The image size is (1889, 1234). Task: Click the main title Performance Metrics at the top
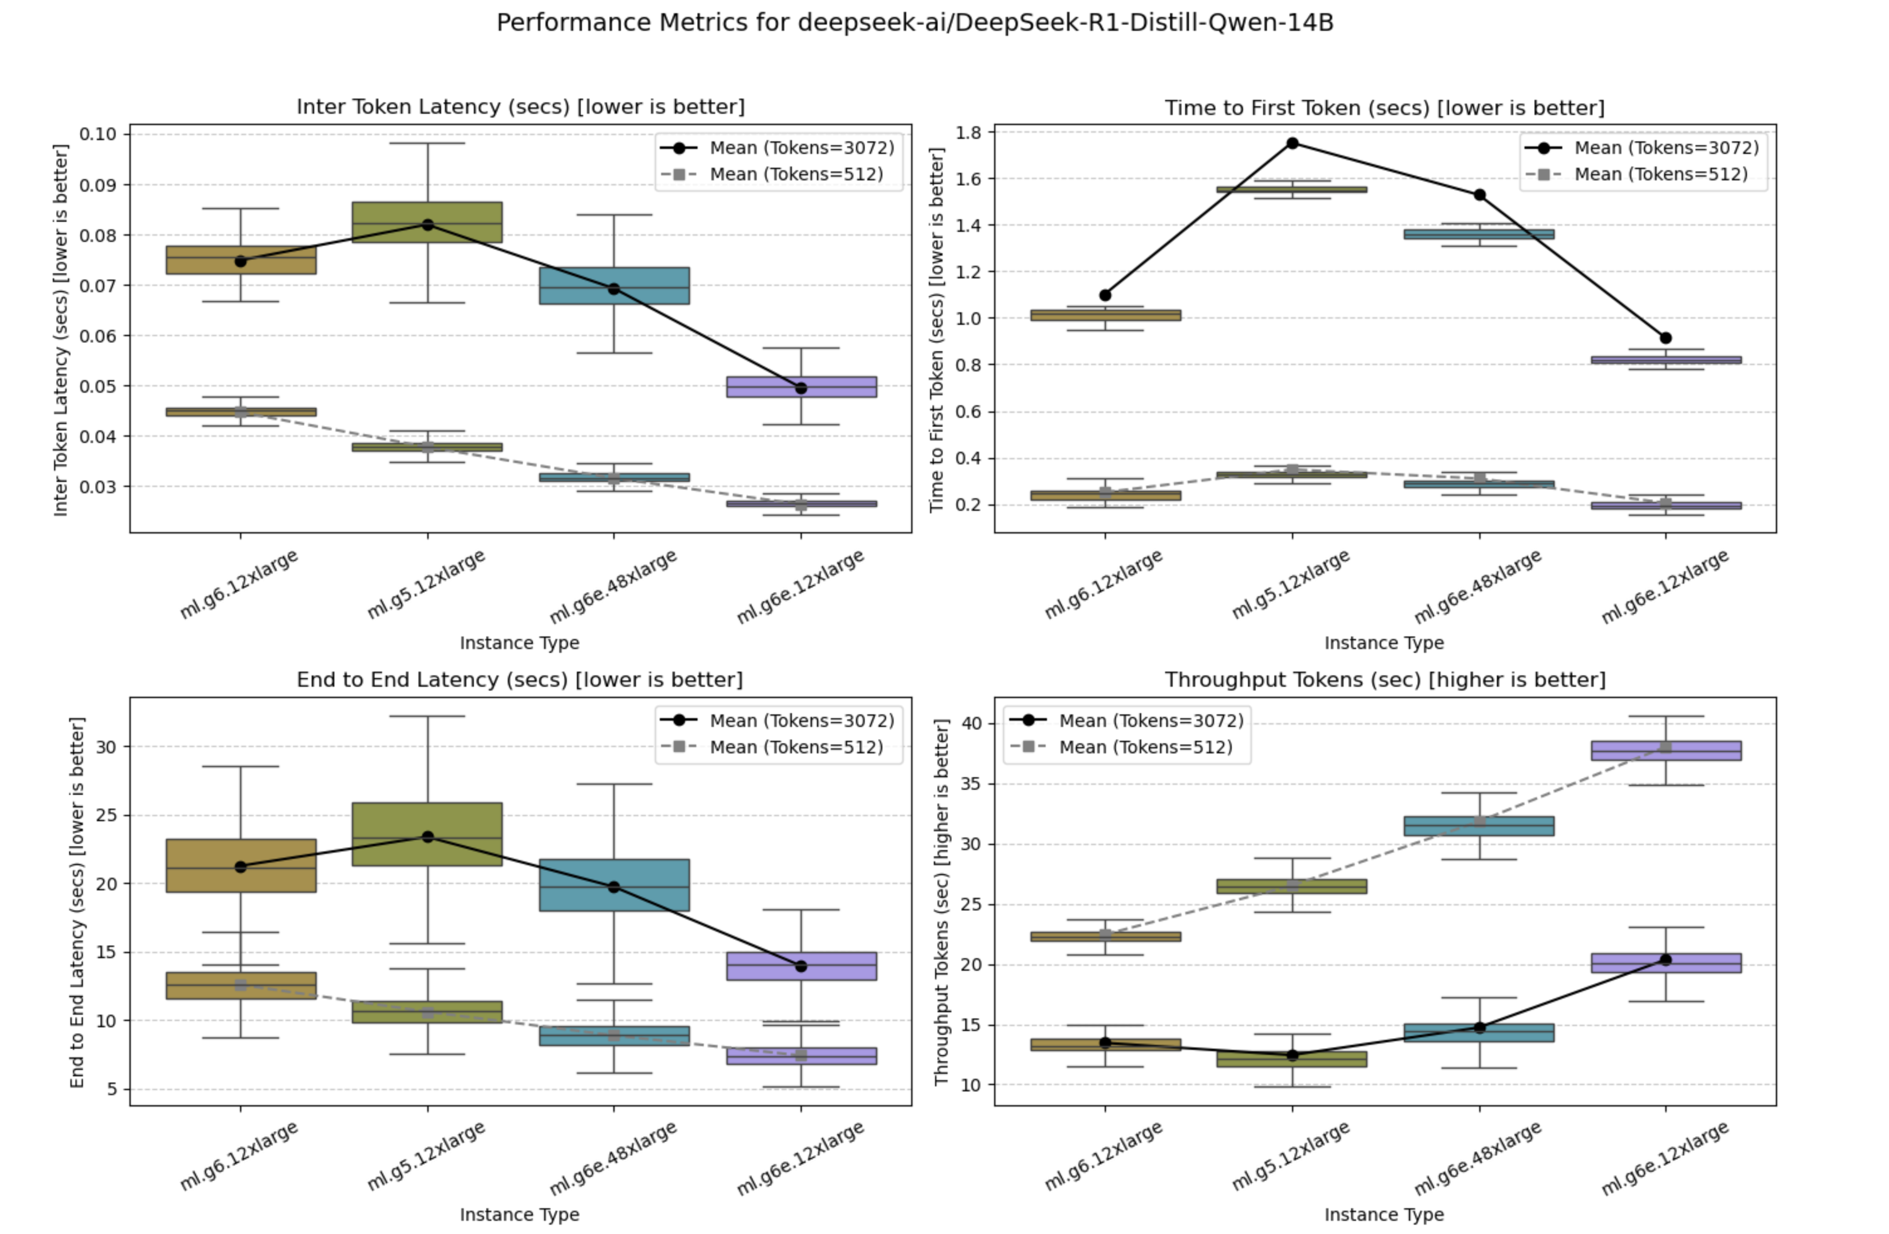[x=914, y=22]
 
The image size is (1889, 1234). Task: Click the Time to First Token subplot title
[x=1384, y=108]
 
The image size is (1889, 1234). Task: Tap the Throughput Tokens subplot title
[x=1384, y=680]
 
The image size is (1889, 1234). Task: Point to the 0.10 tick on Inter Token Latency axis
[x=97, y=133]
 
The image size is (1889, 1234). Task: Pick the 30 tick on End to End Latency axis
[x=106, y=747]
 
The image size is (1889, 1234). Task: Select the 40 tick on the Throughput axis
[x=971, y=723]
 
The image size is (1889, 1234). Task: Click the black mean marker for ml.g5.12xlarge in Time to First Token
[x=1292, y=144]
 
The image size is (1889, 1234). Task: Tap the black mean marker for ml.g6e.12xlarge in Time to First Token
[x=1665, y=338]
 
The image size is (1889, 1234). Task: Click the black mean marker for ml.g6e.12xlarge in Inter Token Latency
[x=801, y=388]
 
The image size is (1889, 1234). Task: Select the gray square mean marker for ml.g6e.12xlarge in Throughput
[x=1665, y=748]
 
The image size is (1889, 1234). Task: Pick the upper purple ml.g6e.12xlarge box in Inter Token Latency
[x=801, y=386]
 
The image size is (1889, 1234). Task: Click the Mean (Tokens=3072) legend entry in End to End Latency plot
[x=801, y=721]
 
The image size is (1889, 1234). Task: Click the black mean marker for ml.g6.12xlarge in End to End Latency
[x=241, y=866]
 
